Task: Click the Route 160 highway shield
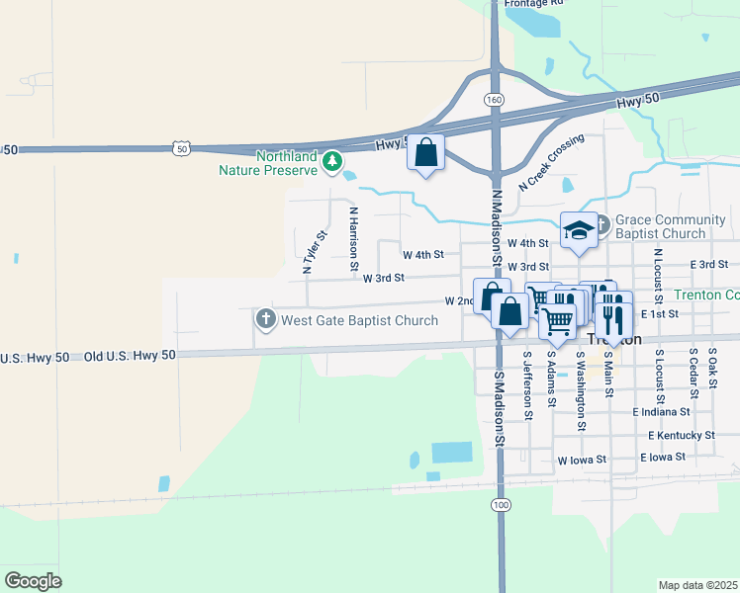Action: click(494, 100)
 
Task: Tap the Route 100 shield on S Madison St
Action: click(502, 504)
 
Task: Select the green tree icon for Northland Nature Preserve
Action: click(334, 159)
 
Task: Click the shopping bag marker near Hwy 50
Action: click(426, 153)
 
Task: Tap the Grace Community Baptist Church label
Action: click(660, 226)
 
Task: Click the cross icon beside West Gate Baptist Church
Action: click(265, 319)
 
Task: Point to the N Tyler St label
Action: click(315, 252)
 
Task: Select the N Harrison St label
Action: click(351, 237)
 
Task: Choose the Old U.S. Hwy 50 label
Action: click(129, 355)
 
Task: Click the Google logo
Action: click(33, 580)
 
